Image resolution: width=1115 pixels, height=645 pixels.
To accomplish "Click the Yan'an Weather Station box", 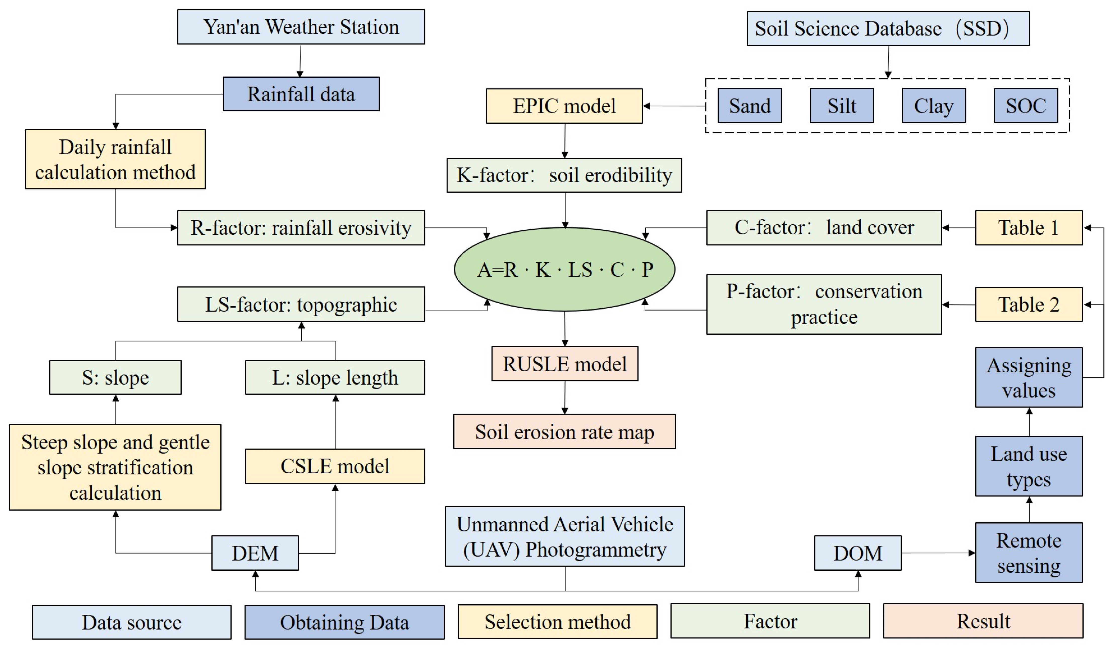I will [301, 27].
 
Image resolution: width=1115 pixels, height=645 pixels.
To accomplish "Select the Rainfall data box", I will [301, 94].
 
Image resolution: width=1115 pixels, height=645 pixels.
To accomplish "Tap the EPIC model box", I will [564, 106].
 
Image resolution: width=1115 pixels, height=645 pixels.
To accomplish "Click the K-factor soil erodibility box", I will [564, 175].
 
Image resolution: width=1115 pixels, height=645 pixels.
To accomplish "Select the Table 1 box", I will [1029, 228].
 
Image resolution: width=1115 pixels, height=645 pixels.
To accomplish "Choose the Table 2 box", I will [1029, 304].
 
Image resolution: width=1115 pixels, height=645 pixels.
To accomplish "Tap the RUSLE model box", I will [565, 364].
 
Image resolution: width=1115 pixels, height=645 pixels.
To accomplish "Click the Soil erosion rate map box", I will [565, 432].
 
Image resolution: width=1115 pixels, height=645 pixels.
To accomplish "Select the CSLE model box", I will [335, 466].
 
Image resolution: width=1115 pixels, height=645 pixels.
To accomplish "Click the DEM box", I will [255, 553].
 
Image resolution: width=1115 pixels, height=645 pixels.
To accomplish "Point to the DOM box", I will [857, 553].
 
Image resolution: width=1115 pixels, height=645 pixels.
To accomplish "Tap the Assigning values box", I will [1029, 377].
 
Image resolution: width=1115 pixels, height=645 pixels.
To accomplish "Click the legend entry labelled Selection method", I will [557, 622].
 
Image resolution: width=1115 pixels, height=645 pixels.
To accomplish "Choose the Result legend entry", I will [983, 621].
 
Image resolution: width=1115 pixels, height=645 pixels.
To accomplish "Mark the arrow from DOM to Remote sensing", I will [938, 553].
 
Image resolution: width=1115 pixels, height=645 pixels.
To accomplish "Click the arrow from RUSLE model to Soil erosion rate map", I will [565, 397].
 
